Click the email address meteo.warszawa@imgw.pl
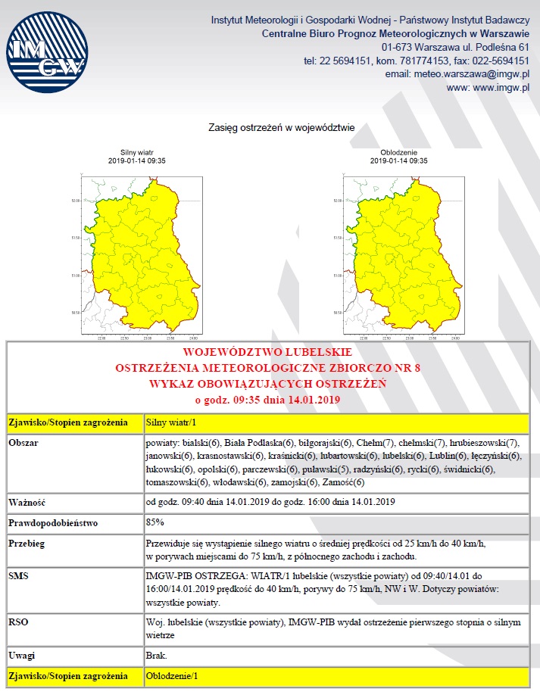(471, 74)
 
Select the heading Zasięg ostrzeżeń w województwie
(282, 128)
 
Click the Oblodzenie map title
(398, 152)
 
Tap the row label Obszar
(24, 441)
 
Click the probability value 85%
(155, 522)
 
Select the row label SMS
(19, 575)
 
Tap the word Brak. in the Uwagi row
(156, 655)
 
